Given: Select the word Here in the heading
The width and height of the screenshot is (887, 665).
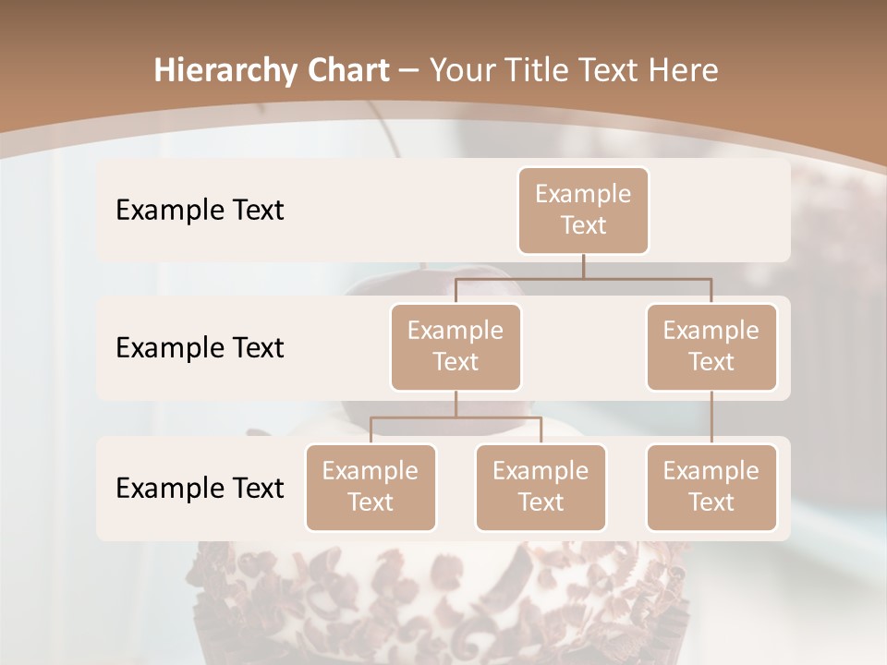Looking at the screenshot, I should pyautogui.click(x=683, y=71).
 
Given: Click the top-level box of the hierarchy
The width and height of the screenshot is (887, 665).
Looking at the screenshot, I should pyautogui.click(x=583, y=210).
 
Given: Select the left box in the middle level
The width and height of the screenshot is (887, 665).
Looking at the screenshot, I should pyautogui.click(x=456, y=346).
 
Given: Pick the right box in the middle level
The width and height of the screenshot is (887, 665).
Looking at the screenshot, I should pyautogui.click(x=711, y=346).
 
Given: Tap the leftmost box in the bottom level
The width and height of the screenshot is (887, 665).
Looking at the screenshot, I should pyautogui.click(x=371, y=487).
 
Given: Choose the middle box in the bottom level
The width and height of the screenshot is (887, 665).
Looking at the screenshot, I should pyautogui.click(x=541, y=487).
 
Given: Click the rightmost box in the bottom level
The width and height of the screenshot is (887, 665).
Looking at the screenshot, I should pyautogui.click(x=711, y=487).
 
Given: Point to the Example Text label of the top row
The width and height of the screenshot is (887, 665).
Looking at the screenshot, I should pyautogui.click(x=200, y=211).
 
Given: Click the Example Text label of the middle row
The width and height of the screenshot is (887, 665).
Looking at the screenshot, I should pyautogui.click(x=200, y=348).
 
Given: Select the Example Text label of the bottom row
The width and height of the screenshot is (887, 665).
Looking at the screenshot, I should pyautogui.click(x=200, y=488).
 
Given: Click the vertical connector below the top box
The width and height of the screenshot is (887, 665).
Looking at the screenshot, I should pyautogui.click(x=583, y=265).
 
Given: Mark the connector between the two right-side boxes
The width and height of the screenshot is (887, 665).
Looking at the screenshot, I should pyautogui.click(x=711, y=417).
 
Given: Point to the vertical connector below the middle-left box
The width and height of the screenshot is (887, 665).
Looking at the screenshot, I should pyautogui.click(x=456, y=404).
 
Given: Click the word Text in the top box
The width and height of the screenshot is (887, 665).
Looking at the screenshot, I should pyautogui.click(x=583, y=225).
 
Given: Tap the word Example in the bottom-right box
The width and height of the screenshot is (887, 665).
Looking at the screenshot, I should pyautogui.click(x=711, y=471).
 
